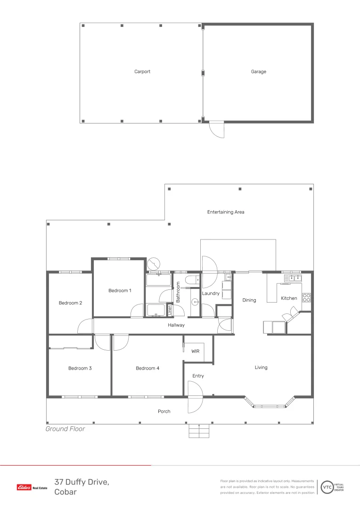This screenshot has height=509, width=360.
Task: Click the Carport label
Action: coord(142,72)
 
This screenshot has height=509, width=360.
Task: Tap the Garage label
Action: coord(258,72)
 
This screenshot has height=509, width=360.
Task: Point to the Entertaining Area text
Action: coord(226,212)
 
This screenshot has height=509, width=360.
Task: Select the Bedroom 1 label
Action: coord(120,291)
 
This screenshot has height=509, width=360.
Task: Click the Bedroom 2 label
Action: coord(70,303)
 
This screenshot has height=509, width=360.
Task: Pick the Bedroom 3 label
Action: coord(80,368)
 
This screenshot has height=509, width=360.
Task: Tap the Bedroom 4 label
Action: coord(147,368)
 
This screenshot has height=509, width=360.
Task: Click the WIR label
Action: coord(196,351)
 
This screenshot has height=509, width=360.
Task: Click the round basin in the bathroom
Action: coord(194,302)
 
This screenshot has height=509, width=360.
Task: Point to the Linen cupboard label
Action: coord(170,311)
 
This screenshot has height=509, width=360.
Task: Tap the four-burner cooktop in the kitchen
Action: coord(306,297)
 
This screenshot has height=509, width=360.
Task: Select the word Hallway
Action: coord(176,325)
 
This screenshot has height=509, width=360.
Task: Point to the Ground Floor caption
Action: coord(65,429)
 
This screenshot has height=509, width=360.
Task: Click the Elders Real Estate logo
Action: coord(32,487)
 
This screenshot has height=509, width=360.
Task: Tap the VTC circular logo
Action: coord(327,487)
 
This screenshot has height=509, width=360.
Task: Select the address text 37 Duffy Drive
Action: coord(82,482)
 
